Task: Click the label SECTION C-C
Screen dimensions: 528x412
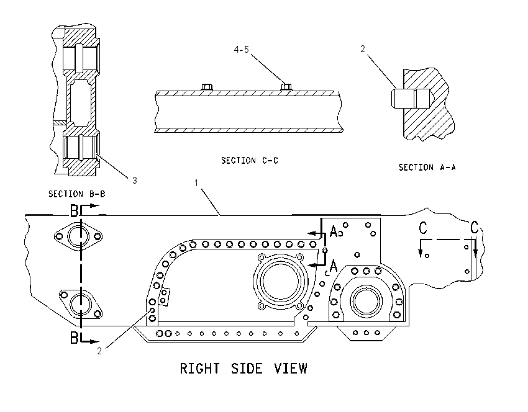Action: coord(250,161)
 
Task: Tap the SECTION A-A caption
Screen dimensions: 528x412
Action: coord(427,167)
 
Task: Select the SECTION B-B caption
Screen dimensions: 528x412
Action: coord(77,194)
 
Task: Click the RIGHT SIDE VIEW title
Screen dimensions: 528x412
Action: coord(244,369)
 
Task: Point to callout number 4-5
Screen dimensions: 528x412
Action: coord(242,50)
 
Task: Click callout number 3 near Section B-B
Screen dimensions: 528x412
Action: coord(135,181)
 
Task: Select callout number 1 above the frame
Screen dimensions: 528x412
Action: coord(196,183)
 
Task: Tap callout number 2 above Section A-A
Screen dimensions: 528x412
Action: coord(363,49)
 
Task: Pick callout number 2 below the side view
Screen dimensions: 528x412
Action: coord(99,351)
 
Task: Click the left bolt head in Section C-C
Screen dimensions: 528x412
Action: coord(207,87)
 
